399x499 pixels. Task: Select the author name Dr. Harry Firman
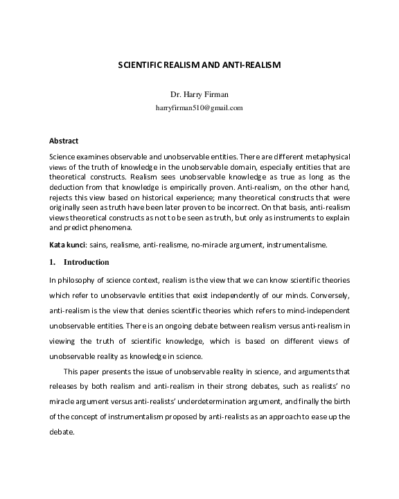pos(199,94)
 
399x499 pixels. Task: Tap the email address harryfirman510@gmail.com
pos(199,107)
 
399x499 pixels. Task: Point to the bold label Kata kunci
pos(66,245)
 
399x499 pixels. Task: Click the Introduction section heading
pos(87,262)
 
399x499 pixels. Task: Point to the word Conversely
pos(329,294)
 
